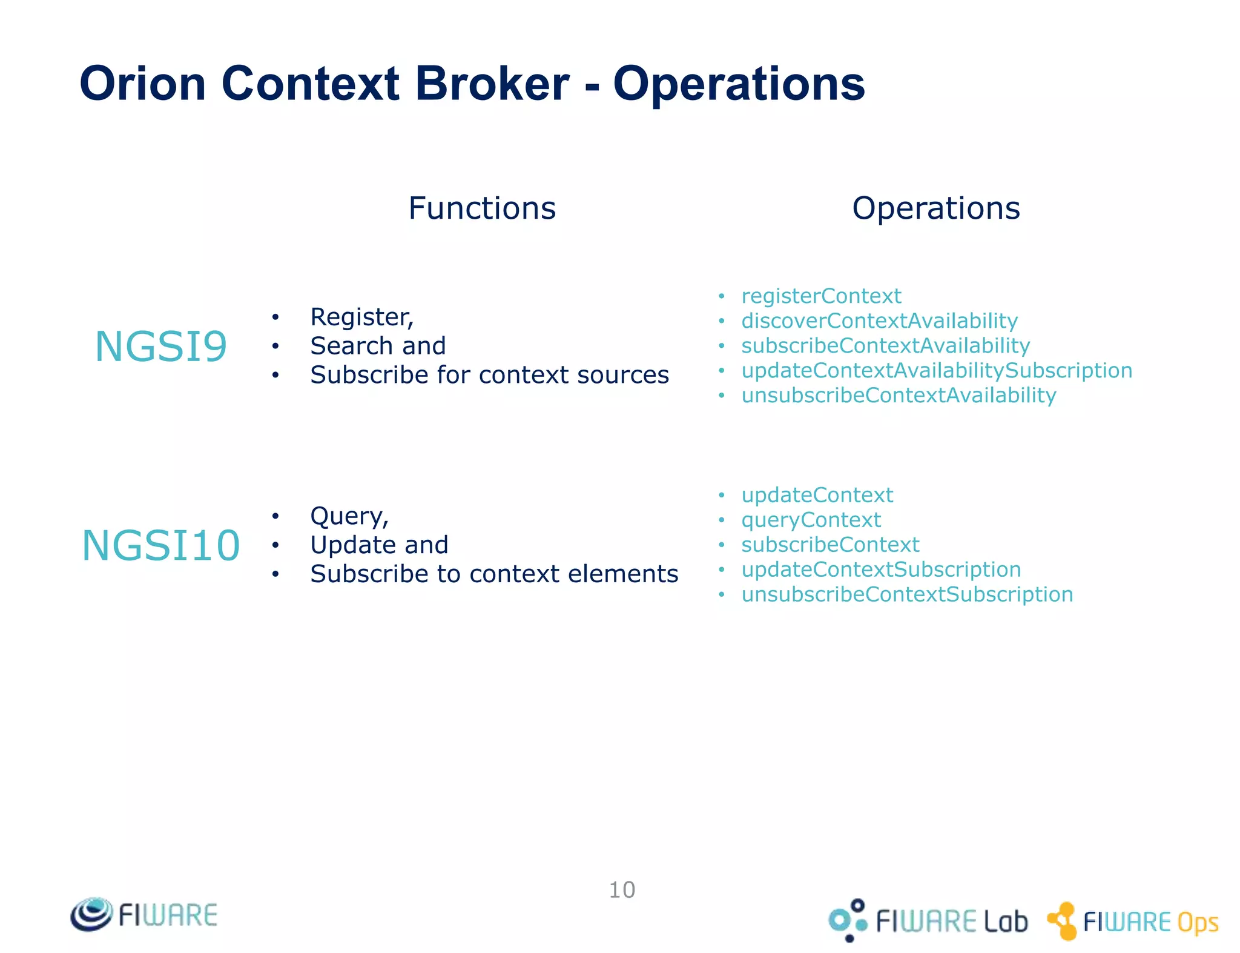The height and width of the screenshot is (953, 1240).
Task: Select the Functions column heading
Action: click(482, 208)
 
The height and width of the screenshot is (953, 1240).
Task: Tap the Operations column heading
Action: click(935, 208)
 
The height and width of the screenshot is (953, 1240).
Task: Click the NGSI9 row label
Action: click(161, 347)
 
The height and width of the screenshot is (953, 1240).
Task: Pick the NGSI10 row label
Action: click(161, 545)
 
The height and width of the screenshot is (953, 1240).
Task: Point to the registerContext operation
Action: click(821, 296)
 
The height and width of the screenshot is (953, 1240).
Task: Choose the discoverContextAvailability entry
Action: click(879, 321)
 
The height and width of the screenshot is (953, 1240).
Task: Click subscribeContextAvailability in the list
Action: click(885, 346)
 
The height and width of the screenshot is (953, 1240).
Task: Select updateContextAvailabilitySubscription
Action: click(937, 371)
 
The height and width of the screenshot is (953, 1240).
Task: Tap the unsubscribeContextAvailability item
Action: click(899, 396)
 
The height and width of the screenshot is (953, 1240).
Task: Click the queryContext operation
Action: click(811, 520)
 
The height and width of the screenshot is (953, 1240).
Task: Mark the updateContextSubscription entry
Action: click(881, 569)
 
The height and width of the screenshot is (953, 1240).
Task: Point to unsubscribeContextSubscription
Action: click(907, 594)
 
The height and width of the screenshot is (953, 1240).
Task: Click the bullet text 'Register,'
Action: click(361, 317)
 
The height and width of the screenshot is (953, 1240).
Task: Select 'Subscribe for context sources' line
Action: click(489, 375)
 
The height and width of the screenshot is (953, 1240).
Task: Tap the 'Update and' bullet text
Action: click(379, 545)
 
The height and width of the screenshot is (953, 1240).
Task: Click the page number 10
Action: click(622, 890)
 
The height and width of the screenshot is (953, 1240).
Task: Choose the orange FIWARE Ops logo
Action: click(1133, 921)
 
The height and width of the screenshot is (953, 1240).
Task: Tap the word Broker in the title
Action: click(492, 84)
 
